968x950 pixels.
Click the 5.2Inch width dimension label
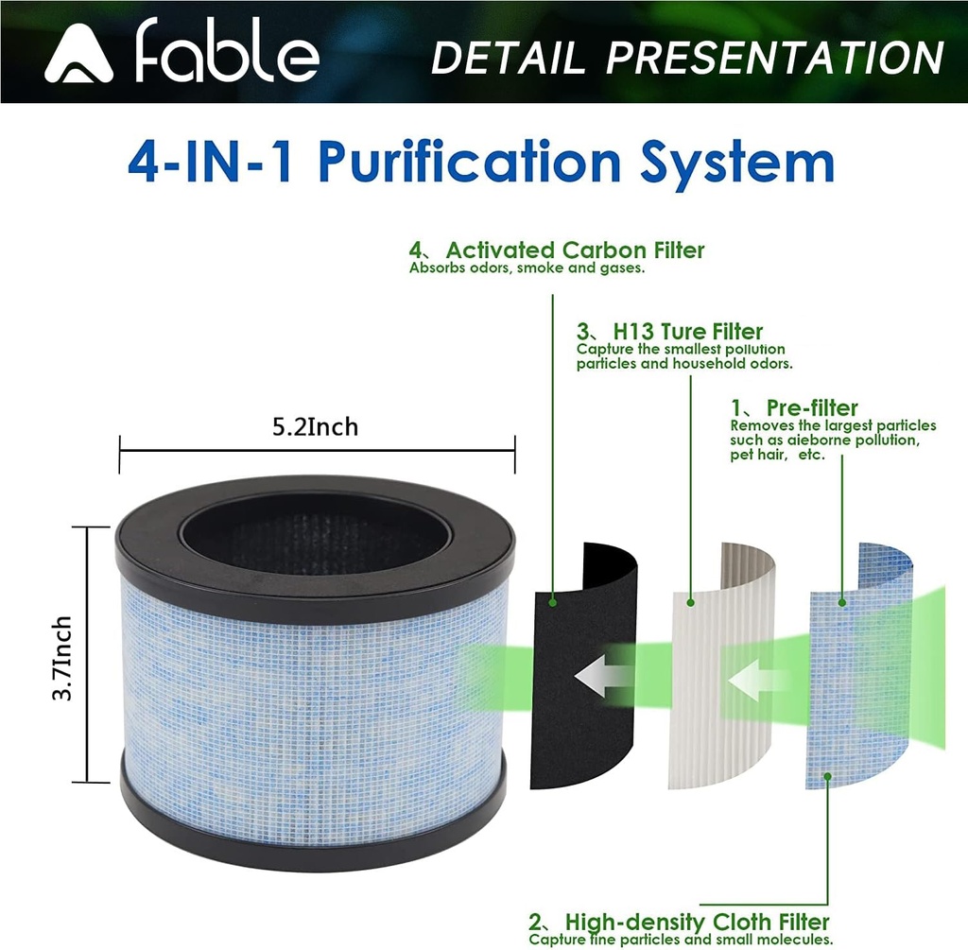316,427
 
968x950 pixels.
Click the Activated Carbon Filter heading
575,250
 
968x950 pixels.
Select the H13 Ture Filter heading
687,332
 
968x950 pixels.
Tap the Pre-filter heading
812,408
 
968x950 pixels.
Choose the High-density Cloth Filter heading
697,922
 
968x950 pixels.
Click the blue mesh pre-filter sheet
856,737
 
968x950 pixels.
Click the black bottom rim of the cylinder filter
313,832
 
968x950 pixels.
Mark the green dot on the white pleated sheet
691,600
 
